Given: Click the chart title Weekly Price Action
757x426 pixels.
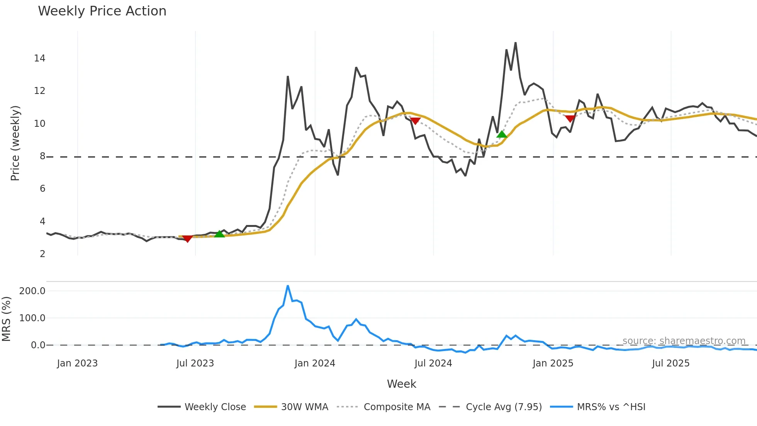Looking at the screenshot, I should pos(102,11).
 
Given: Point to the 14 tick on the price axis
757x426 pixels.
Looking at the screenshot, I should pos(40,58).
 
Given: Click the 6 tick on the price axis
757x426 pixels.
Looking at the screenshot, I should pos(42,189).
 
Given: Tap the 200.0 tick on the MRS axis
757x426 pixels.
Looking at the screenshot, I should pos(32,291).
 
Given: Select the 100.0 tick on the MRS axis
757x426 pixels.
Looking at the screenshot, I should pos(32,318).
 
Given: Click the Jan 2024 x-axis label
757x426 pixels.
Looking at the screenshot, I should pos(315,363).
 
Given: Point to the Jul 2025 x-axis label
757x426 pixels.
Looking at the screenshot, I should pos(671,363).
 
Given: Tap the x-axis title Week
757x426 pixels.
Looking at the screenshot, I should pos(401,384).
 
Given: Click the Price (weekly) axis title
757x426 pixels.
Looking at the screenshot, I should pos(15,143).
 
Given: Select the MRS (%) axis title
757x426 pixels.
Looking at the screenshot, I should pos(6,319).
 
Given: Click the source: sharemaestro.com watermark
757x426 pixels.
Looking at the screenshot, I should pos(684,341).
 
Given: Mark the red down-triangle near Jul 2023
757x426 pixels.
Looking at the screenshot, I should pos(187,239).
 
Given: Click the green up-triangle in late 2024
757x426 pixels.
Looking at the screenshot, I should pos(502,135).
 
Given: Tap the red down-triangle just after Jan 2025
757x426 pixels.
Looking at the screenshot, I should pos(570,118).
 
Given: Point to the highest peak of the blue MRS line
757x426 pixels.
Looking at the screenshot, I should pos(288,286).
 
